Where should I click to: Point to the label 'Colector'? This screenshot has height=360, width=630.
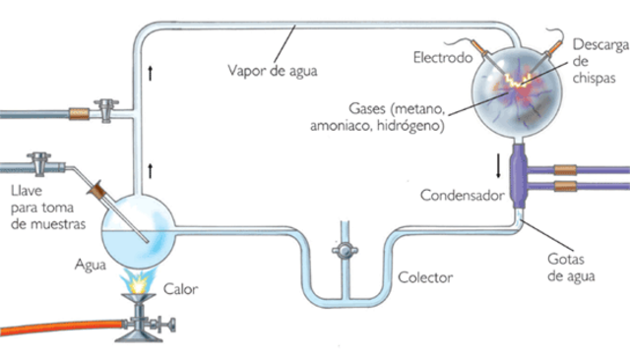425,278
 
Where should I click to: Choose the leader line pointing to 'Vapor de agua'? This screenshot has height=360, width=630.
286,45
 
